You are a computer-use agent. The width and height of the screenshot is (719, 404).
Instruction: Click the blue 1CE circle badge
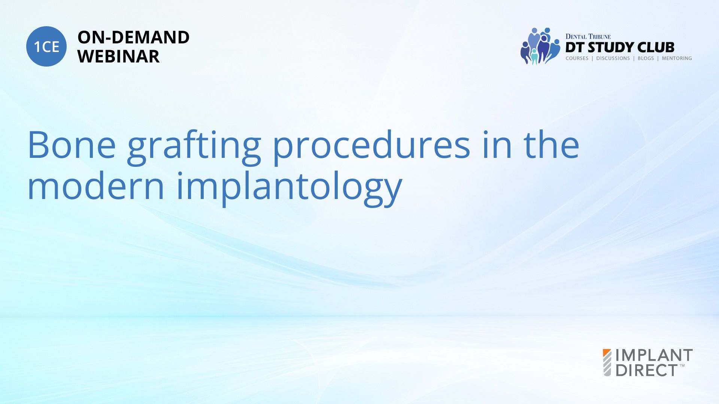click(x=46, y=46)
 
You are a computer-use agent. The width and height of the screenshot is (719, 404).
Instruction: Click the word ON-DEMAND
click(x=133, y=37)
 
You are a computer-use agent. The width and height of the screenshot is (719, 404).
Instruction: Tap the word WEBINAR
click(x=119, y=56)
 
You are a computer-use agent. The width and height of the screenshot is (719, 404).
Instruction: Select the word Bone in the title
click(x=72, y=145)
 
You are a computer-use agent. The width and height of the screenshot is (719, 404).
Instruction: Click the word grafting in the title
click(x=194, y=147)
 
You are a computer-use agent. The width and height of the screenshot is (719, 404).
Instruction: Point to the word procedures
click(x=371, y=147)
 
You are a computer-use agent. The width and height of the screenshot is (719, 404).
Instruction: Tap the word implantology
click(x=289, y=189)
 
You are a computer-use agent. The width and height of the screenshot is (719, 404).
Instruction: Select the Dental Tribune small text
click(x=588, y=37)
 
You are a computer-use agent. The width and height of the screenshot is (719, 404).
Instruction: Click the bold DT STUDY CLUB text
click(x=620, y=48)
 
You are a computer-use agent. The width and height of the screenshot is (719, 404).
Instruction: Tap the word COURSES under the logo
click(x=577, y=58)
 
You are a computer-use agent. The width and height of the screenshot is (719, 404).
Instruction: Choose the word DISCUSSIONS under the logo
click(x=613, y=58)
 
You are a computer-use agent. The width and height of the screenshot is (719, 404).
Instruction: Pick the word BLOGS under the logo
click(x=646, y=58)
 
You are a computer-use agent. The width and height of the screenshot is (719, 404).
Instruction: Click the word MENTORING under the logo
click(x=677, y=58)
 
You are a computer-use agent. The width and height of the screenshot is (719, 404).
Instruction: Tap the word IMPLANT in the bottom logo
click(x=654, y=355)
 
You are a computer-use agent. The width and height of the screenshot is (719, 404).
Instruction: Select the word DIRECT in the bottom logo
click(x=647, y=370)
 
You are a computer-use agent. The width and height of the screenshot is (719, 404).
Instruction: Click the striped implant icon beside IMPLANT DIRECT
click(x=607, y=362)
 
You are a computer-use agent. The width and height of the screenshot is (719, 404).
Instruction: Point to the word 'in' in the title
click(x=497, y=145)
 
